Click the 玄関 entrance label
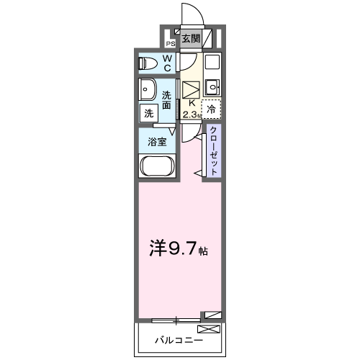pyautogui.click(x=191, y=39)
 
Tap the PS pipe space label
pyautogui.click(x=171, y=43)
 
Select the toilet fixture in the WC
pyautogui.click(x=149, y=63)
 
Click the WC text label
pyautogui.click(x=167, y=63)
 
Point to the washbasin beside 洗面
pyautogui.click(x=148, y=92)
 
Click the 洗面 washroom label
pyautogui.click(x=167, y=99)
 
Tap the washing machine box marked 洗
pyautogui.click(x=148, y=113)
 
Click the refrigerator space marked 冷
pyautogui.click(x=211, y=109)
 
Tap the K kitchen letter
pyautogui.click(x=192, y=104)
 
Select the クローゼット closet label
pyautogui.click(x=213, y=150)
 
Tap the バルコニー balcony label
pyautogui.click(x=177, y=338)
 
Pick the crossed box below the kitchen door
pyautogui.click(x=191, y=90)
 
